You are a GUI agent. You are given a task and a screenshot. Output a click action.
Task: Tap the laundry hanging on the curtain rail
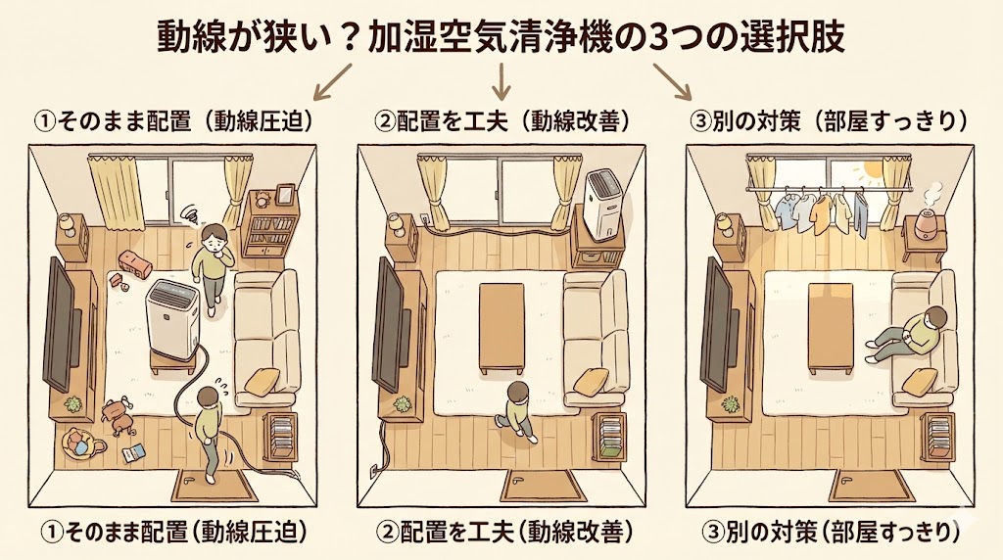point(821,209)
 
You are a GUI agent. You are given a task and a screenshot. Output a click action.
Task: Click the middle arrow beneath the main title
point(502,80)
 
